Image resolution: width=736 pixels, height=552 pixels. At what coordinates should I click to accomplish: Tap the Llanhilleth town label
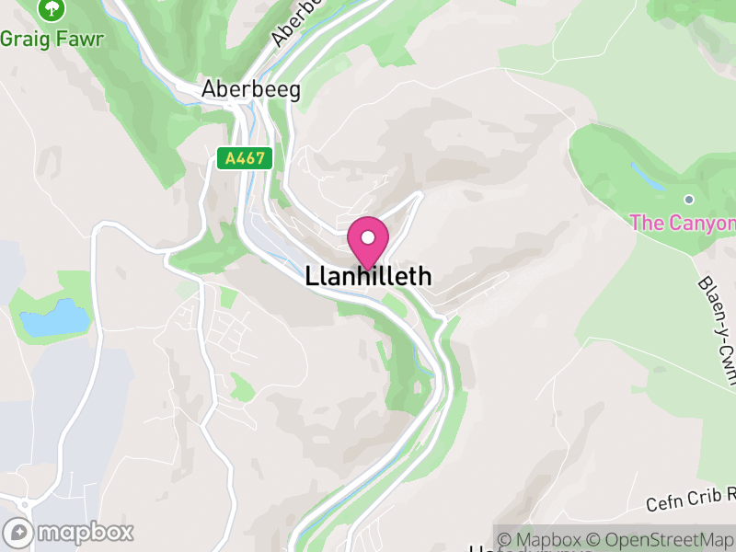pos(368,276)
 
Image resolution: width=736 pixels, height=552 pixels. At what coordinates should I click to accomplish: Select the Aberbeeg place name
pos(251,90)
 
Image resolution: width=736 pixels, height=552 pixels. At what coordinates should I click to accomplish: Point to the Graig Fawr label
pos(52,39)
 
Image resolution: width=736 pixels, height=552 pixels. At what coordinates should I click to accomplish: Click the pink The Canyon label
pos(682,223)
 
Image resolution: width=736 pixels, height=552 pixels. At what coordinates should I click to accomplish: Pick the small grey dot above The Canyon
pos(688,199)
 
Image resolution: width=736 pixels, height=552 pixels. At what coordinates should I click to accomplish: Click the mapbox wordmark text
pos(85,532)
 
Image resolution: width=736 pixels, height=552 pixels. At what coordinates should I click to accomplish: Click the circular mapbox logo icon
pos(17,532)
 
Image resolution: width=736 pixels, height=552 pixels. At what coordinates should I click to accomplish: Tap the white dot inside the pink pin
pos(368,237)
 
